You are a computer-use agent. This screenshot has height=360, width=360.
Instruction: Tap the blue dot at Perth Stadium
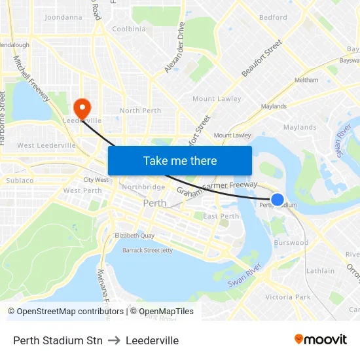pyautogui.click(x=278, y=200)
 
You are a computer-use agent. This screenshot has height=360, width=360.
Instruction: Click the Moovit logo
pyautogui.click(x=321, y=340)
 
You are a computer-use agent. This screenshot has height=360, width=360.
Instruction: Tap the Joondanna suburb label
pyautogui.click(x=63, y=17)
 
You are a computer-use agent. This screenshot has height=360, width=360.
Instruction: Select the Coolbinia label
pyautogui.click(x=129, y=29)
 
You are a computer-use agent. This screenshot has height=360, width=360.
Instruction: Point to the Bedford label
pyautogui.click(x=273, y=18)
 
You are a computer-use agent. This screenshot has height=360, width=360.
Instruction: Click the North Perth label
pyautogui.click(x=140, y=111)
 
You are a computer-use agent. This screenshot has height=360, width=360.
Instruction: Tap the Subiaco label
pyautogui.click(x=20, y=180)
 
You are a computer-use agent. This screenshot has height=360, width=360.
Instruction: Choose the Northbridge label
pyautogui.click(x=143, y=187)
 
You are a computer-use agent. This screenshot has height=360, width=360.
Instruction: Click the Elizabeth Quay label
pyautogui.click(x=134, y=235)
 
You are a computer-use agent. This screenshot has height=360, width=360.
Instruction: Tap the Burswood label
pyautogui.click(x=291, y=243)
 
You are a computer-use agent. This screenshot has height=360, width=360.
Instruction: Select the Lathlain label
pyautogui.click(x=320, y=270)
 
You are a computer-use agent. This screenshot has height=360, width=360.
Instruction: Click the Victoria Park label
pyautogui.click(x=288, y=297)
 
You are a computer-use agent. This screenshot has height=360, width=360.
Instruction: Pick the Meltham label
pyautogui.click(x=306, y=80)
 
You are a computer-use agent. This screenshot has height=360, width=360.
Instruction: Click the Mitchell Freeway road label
pyautogui.click(x=31, y=78)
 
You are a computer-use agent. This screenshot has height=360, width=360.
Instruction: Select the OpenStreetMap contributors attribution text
pyautogui.click(x=65, y=312)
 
